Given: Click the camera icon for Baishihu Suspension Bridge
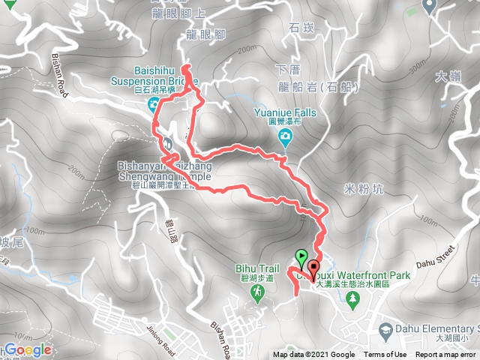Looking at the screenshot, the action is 154,103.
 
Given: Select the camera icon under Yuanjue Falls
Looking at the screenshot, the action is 286,135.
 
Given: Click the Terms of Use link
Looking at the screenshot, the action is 385,355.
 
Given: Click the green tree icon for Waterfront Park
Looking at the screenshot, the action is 352,297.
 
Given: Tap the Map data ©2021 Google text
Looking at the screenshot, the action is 313,355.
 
